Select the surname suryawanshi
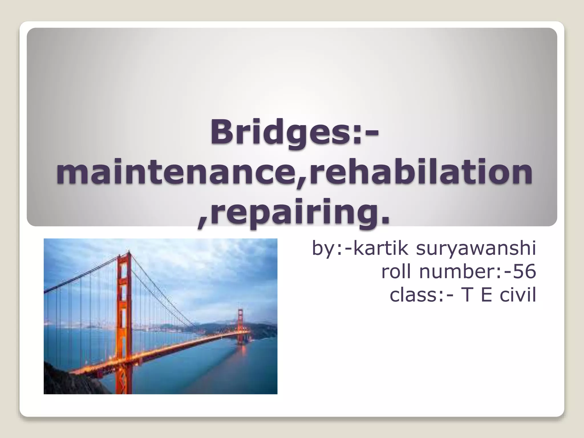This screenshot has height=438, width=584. [476, 249]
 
